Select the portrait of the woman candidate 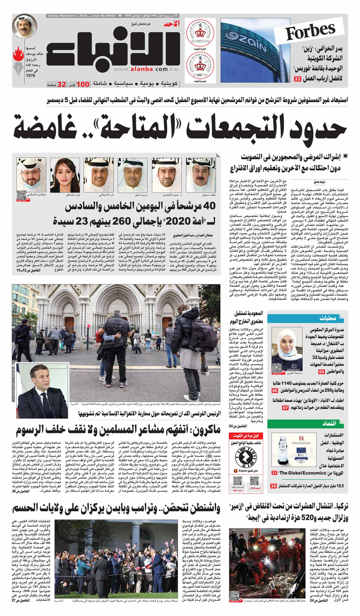click(65, 174)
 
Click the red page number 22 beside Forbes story click(297, 79)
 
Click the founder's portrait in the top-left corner click(25, 26)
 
